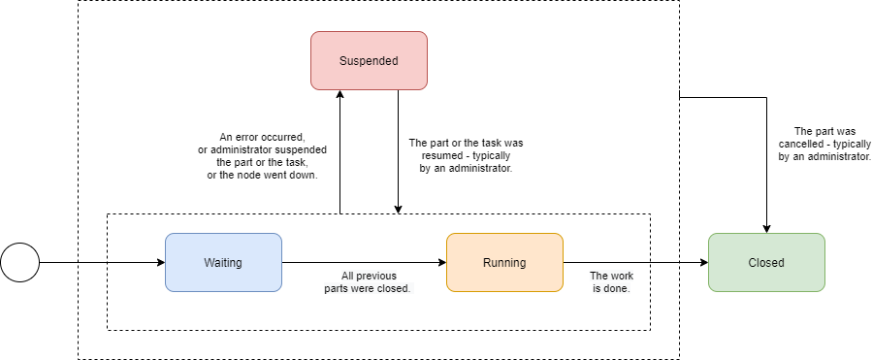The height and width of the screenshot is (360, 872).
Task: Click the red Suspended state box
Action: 369,60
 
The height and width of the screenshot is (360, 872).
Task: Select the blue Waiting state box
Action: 223,262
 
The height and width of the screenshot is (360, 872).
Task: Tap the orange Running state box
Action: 504,262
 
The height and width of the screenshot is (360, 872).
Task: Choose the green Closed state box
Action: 766,262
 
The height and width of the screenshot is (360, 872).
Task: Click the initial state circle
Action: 19,262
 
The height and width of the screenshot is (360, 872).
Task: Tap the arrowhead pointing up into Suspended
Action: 339,96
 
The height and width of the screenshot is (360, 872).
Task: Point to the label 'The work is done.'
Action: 611,281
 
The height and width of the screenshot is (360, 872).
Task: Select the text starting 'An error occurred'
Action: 261,155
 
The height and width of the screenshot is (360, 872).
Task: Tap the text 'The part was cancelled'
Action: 824,144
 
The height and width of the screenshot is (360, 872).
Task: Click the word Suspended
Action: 369,60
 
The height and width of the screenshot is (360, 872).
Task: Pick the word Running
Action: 504,262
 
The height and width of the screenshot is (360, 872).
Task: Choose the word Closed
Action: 766,262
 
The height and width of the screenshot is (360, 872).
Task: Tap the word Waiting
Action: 223,262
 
